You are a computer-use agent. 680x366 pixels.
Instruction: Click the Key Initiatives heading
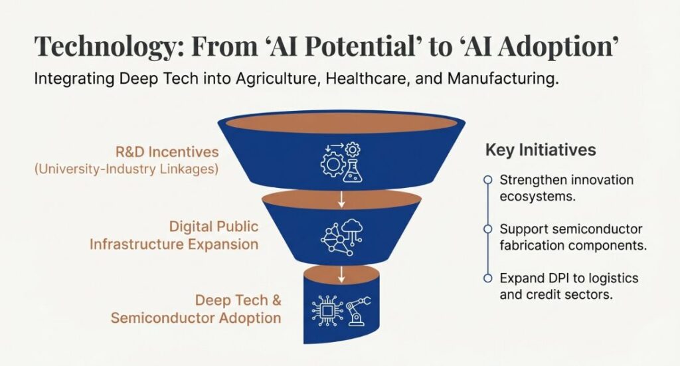click(x=541, y=149)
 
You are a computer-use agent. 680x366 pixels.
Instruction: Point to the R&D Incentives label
click(x=167, y=151)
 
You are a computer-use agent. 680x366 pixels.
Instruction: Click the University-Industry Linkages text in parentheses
click(x=126, y=169)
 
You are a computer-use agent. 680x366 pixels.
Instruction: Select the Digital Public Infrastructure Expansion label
click(x=174, y=235)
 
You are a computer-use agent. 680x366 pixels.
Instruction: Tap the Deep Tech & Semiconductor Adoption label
click(x=196, y=309)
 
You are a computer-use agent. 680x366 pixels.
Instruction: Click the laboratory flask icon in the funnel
click(x=352, y=171)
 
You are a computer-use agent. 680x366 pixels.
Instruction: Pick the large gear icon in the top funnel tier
click(x=333, y=165)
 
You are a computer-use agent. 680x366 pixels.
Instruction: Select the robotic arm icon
click(x=358, y=310)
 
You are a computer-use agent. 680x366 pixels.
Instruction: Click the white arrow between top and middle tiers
click(x=341, y=199)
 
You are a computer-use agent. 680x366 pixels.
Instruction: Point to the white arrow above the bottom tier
click(x=341, y=274)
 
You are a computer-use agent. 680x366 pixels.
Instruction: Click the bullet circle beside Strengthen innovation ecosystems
click(x=488, y=179)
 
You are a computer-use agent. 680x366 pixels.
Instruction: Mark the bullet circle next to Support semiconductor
click(x=488, y=229)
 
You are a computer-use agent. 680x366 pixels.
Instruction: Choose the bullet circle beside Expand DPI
click(x=488, y=278)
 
